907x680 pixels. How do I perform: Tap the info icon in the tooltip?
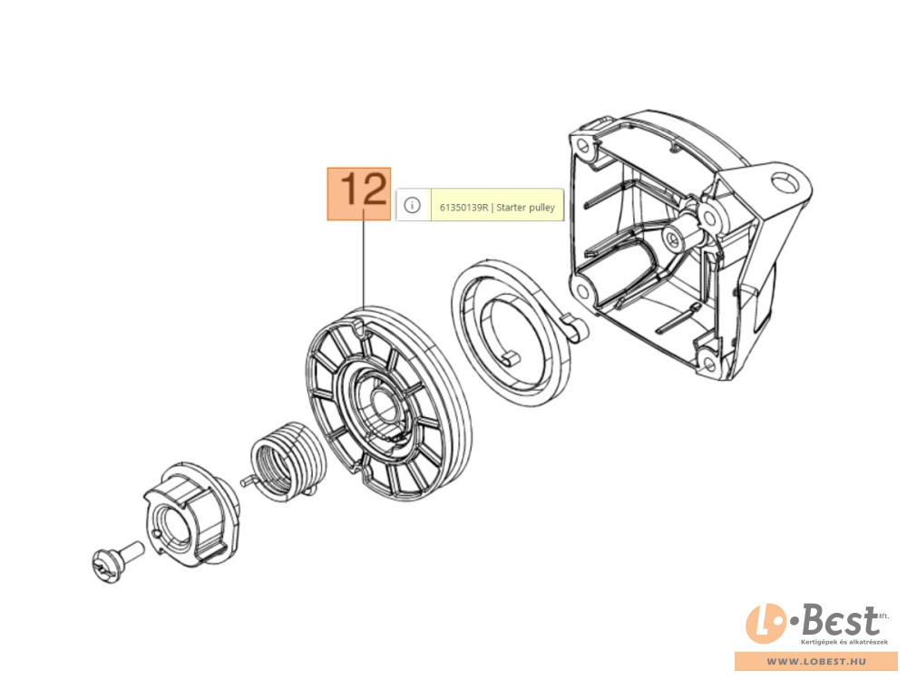pyautogui.click(x=412, y=206)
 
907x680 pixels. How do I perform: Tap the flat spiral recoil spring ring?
pyautogui.click(x=508, y=331)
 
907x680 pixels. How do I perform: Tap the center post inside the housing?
pyautogui.click(x=671, y=238)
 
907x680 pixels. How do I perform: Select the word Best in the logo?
pyautogui.click(x=838, y=621)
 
